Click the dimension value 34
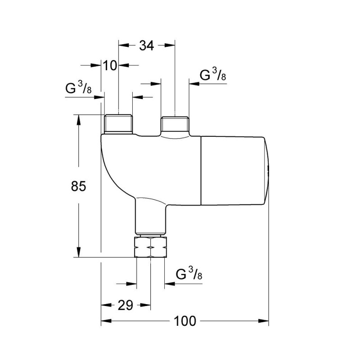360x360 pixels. [x=146, y=45]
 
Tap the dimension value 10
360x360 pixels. [x=110, y=66]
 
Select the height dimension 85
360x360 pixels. [x=78, y=186]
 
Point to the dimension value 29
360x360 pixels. [x=126, y=306]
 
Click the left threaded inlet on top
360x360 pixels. [x=118, y=124]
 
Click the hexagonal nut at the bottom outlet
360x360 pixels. [x=150, y=247]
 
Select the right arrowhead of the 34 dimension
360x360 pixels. [x=171, y=45]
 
